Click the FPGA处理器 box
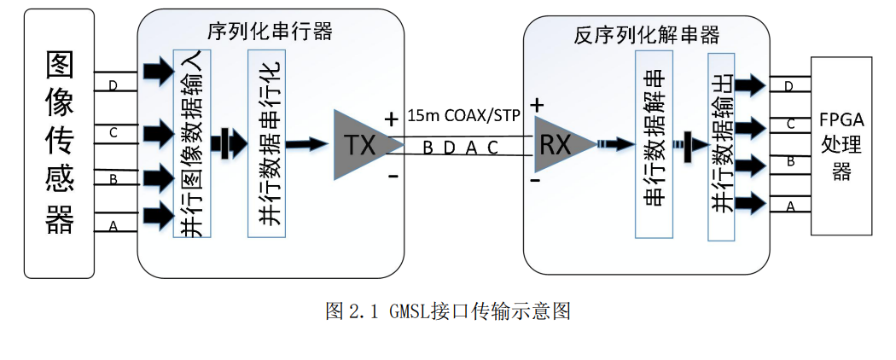tap(842, 146)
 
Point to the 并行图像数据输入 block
tap(192, 143)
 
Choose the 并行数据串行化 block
tap(265, 143)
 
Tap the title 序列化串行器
tap(270, 32)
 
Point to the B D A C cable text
tap(460, 148)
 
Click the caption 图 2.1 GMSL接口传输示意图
tap(447, 311)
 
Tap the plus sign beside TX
tap(392, 120)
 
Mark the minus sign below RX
tap(536, 180)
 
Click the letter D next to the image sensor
tap(112, 84)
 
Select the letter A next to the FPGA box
tap(790, 206)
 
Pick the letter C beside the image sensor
tap(112, 132)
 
